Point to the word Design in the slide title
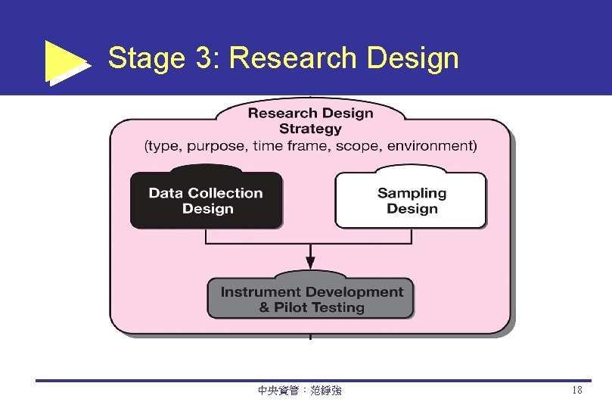click(412, 58)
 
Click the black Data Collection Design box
click(206, 201)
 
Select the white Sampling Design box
click(412, 201)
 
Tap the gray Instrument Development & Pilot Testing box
click(311, 300)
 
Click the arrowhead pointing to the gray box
click(310, 262)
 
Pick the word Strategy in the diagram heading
click(310, 129)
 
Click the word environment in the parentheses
click(429, 145)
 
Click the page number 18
click(577, 391)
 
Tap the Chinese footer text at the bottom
click(300, 391)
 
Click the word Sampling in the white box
click(412, 193)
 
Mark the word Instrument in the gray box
click(257, 291)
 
